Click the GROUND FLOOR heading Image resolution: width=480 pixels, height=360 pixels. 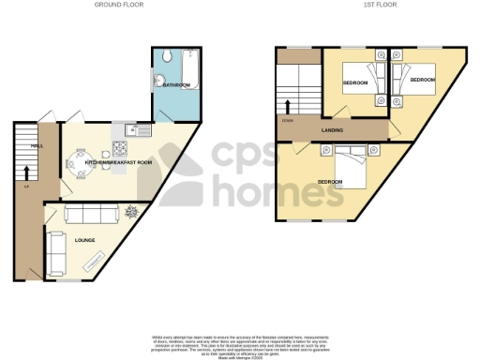[x=115, y=5]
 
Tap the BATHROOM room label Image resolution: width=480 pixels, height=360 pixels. [x=176, y=85]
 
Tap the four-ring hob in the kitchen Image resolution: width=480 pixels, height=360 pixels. [x=122, y=147]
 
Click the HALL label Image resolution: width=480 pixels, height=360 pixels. [x=36, y=145]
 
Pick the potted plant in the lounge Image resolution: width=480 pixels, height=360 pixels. [x=131, y=212]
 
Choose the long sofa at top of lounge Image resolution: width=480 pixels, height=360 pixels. [x=86, y=212]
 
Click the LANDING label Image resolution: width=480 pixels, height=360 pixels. [x=331, y=130]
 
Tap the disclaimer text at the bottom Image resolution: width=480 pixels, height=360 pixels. [x=239, y=342]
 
